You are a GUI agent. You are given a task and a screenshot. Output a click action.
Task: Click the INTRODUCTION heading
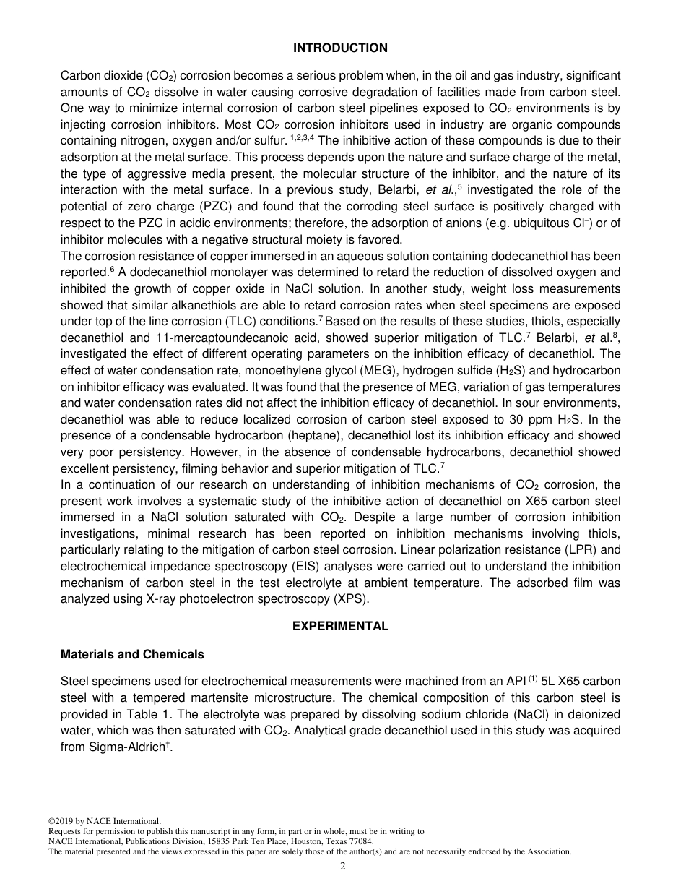pos(340,48)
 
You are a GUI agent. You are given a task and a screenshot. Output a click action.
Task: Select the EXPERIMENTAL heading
pos(340,627)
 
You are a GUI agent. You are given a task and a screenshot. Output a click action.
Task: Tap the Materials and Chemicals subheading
pos(132,655)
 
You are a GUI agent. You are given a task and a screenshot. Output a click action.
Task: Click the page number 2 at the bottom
pos(343,867)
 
